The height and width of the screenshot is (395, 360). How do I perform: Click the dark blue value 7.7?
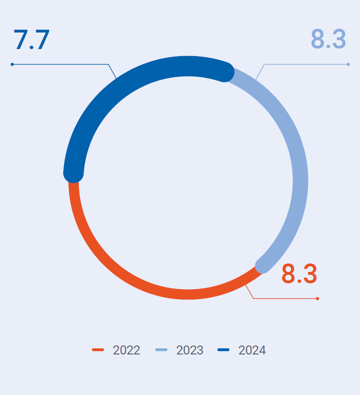32,40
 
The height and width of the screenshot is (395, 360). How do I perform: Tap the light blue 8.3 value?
328,39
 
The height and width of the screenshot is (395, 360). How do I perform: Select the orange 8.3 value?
299,274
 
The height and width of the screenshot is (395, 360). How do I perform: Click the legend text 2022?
126,350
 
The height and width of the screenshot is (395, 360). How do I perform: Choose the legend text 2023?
190,350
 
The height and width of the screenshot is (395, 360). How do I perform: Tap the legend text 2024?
252,350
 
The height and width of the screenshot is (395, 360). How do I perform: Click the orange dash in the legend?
98,350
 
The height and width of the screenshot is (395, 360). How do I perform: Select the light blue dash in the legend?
161,350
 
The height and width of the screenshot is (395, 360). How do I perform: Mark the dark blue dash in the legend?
223,350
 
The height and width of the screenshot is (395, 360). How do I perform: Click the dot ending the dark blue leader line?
12,64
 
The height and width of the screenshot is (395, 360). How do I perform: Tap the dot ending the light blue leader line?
348,64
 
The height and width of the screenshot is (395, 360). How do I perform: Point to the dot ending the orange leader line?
318,298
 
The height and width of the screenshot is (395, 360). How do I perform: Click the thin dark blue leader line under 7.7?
61,64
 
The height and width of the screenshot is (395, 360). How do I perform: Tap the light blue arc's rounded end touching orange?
262,265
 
